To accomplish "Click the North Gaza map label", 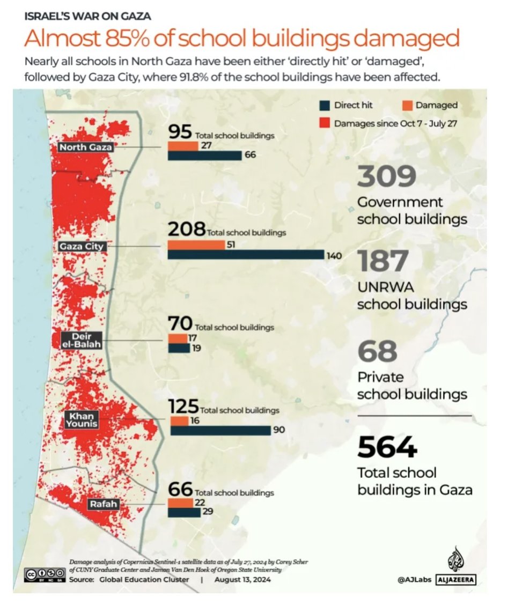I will [86, 147].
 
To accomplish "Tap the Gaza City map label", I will [82, 246].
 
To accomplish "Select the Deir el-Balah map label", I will [82, 341].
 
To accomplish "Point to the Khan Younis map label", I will [82, 420].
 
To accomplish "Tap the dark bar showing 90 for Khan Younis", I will [220, 430].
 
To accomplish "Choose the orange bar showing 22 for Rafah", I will [181, 503].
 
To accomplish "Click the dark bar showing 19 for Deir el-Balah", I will [179, 348].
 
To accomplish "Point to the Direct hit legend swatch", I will [323, 105].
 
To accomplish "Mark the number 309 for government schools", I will [387, 178].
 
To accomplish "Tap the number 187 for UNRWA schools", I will [383, 262].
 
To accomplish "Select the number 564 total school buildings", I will [387, 448].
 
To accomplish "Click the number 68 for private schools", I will [378, 351].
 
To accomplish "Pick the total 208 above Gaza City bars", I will [186, 230].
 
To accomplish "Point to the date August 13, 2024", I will [242, 580].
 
